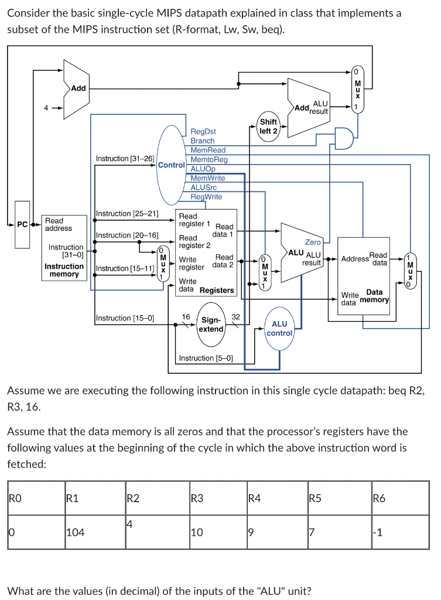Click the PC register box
[22, 224]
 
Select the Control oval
[172, 165]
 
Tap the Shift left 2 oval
[268, 127]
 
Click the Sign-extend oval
[211, 324]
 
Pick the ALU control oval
[279, 328]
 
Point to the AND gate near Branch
[344, 138]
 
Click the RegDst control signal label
[203, 131]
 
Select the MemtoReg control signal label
[209, 159]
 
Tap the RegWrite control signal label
[206, 197]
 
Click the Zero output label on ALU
[313, 242]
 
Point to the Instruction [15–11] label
[125, 268]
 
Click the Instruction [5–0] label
[206, 358]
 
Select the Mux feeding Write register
[163, 264]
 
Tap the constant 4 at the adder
[46, 108]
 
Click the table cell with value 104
[95, 532]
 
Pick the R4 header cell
[277, 498]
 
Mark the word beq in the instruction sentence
[397, 391]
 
